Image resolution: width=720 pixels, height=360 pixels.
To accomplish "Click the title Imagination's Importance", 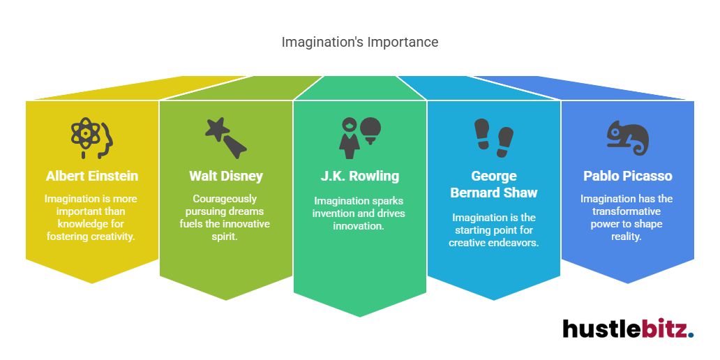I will pos(360,42).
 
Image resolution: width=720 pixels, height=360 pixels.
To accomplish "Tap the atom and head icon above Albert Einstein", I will pos(91,137).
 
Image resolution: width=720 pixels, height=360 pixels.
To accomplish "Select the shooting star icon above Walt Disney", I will pos(225,137).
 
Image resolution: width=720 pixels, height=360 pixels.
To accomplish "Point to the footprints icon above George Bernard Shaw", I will pos(493,137).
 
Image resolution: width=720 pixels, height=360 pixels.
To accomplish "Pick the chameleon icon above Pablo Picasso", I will pos(627,137).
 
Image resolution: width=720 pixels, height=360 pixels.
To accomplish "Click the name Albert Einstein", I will pos(91,175).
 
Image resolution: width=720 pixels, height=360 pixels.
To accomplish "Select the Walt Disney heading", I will pos(225,175).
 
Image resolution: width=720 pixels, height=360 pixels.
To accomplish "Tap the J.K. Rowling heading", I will pos(360,175).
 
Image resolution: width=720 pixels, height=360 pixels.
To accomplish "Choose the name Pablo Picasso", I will pos(627,175).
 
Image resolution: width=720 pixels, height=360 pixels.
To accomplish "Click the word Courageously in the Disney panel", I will pos(225,199).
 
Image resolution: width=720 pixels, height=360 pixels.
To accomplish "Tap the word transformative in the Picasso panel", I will pos(627,211).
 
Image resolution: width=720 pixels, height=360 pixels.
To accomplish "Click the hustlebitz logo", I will pos(627,329).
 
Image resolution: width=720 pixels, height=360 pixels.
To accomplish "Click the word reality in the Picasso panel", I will pos(627,237).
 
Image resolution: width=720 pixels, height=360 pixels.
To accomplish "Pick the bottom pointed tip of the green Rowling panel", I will pos(360,316).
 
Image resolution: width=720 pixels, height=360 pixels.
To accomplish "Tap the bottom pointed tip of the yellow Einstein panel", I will pos(91,283).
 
